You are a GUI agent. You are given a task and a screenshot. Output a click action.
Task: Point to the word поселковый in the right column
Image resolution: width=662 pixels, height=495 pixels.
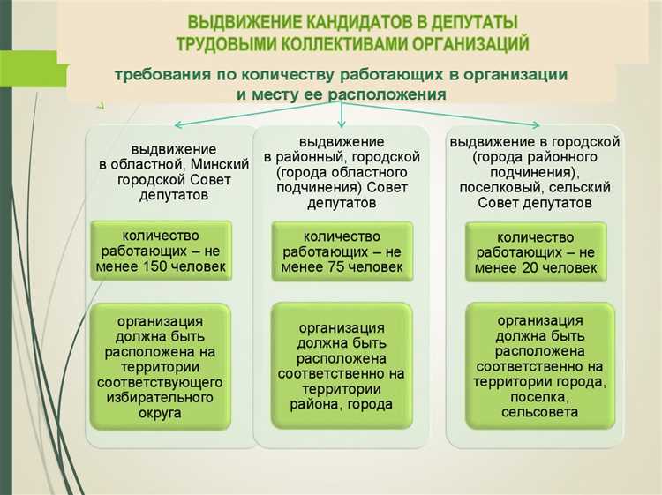(500, 187)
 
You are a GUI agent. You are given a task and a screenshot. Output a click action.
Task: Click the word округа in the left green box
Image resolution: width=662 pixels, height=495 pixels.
(160, 415)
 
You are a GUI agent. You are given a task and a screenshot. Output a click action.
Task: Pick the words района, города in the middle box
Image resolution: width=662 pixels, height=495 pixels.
(341, 405)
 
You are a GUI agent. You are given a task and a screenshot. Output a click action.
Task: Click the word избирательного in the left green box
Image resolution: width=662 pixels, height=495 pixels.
(160, 399)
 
